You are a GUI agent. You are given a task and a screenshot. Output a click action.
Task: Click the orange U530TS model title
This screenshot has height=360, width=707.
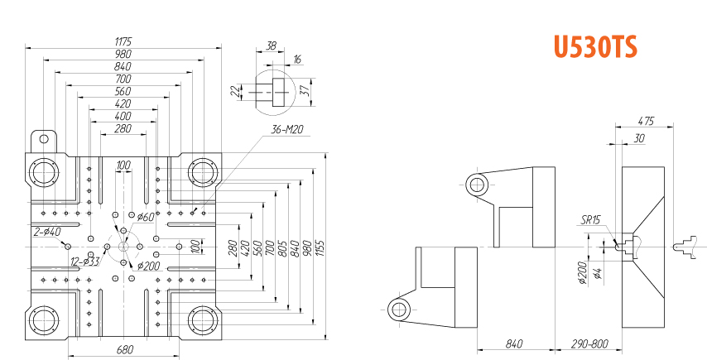pyautogui.click(x=595, y=47)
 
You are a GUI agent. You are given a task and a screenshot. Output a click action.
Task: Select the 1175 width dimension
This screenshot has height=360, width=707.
pyautogui.click(x=123, y=41)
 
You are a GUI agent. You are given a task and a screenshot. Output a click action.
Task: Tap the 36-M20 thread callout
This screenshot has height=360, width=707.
pyautogui.click(x=286, y=130)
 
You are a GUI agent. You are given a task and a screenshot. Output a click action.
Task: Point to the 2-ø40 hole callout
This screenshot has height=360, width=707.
pyautogui.click(x=47, y=232)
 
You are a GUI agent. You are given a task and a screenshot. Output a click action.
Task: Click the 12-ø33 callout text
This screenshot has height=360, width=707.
pyautogui.click(x=85, y=262)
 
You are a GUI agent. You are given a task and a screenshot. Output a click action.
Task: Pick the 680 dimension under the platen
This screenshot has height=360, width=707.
pyautogui.click(x=125, y=349)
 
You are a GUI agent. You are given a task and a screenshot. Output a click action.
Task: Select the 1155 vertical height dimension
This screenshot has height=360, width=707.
pyautogui.click(x=320, y=246)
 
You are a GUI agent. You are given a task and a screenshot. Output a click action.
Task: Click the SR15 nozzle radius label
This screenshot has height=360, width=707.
pyautogui.click(x=590, y=220)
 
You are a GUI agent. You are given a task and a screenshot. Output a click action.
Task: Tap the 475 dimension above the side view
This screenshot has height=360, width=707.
pyautogui.click(x=646, y=121)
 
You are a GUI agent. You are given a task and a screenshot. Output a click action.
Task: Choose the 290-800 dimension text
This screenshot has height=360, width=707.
pyautogui.click(x=589, y=344)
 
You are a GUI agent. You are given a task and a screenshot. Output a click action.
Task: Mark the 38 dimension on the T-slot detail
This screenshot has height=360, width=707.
pyautogui.click(x=271, y=46)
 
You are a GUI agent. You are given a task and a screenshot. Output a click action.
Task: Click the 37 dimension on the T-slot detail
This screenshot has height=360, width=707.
pyautogui.click(x=305, y=92)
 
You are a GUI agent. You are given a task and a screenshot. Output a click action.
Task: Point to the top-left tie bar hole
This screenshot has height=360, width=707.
pyautogui.click(x=44, y=172)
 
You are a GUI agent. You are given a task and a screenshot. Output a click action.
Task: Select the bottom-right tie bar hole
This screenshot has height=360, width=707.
pyautogui.click(x=203, y=320)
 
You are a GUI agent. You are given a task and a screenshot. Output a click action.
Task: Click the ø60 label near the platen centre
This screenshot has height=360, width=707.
pyautogui.click(x=146, y=217)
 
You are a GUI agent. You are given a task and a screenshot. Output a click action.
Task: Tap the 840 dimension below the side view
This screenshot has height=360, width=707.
pyautogui.click(x=514, y=344)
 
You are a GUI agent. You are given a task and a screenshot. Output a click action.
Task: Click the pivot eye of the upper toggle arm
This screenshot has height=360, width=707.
pyautogui.click(x=477, y=185)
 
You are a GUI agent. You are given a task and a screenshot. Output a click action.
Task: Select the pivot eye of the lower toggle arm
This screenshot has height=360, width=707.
pyautogui.click(x=398, y=310)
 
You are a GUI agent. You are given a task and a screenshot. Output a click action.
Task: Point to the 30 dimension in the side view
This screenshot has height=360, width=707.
pyautogui.click(x=639, y=138)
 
